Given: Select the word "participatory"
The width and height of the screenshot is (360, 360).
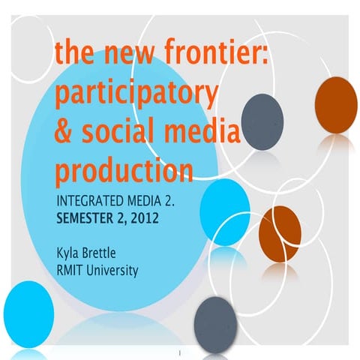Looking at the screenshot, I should point(136,96).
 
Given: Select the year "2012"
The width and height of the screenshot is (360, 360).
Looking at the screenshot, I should point(162,221).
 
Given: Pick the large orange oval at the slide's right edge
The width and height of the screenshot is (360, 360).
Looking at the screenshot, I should point(335,104).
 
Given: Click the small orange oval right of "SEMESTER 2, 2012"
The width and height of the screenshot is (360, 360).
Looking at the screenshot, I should point(280,228).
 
